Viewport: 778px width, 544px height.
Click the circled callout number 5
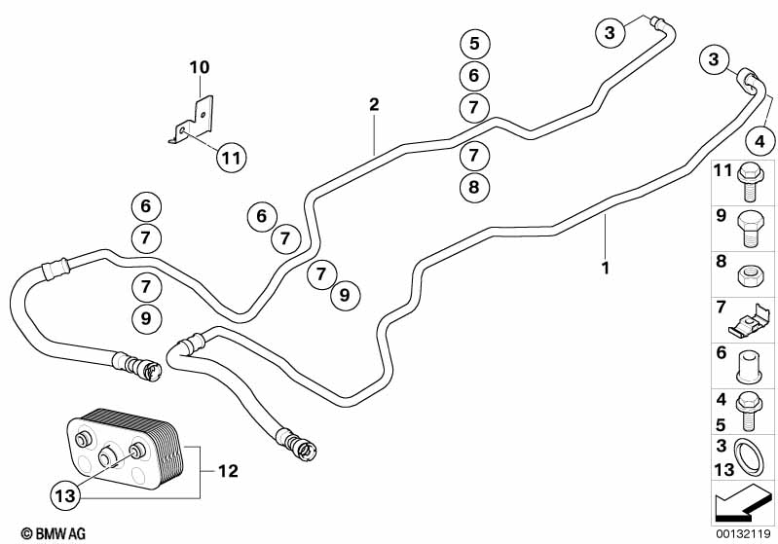pos(473,44)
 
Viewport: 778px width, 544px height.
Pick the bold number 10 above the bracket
pos(200,68)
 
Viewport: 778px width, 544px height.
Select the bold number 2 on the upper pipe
pos(373,103)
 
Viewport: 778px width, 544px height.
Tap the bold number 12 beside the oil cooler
pos(227,472)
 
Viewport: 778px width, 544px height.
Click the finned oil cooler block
pos(123,451)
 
